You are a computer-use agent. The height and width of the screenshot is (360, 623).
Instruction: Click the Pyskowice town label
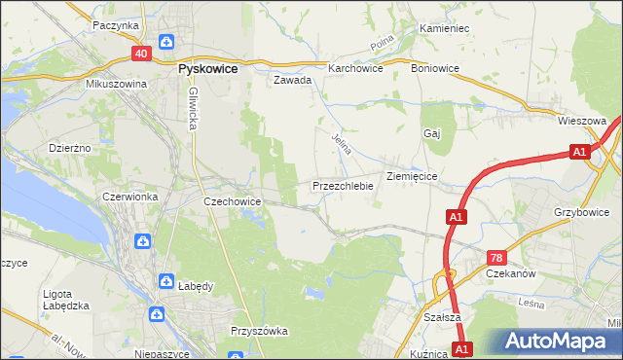(209, 70)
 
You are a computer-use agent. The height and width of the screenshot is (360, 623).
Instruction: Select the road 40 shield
(140, 54)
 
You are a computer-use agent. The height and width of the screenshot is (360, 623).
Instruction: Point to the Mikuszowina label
(115, 85)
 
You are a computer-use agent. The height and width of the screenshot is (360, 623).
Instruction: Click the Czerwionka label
(129, 197)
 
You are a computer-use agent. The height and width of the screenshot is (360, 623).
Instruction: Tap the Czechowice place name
(231, 201)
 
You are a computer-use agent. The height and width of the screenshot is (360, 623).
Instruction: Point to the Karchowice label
(355, 69)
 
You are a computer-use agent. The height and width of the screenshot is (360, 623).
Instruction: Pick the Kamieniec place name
(444, 29)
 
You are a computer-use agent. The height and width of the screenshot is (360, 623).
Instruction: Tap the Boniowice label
(434, 69)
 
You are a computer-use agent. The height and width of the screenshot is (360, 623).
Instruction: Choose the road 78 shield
(496, 258)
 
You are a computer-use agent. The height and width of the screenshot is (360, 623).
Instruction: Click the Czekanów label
(512, 274)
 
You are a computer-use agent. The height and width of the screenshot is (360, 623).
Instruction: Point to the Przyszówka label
(259, 331)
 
